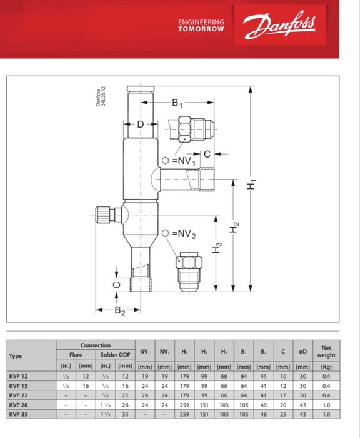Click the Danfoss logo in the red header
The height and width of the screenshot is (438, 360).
[280, 25]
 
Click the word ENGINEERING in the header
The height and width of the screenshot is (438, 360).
[201, 22]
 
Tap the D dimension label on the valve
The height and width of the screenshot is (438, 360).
[141, 125]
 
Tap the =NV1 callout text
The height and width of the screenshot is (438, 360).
[183, 161]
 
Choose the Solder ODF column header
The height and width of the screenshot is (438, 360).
[116, 354]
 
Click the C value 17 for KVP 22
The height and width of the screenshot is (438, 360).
[282, 395]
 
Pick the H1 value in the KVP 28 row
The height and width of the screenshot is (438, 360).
[184, 405]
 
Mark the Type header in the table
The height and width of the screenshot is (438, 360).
[16, 356]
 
